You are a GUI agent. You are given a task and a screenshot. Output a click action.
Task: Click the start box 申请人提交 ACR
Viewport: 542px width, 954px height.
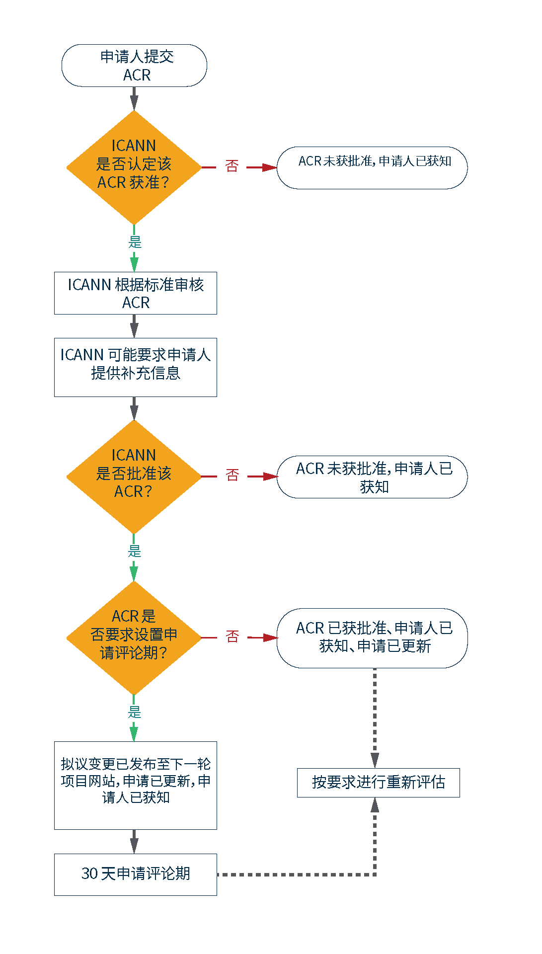[134, 66]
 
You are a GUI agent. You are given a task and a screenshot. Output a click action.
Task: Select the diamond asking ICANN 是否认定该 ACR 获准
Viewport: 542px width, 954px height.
[134, 167]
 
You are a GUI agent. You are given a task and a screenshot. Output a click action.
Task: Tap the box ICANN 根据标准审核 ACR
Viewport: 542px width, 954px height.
[136, 293]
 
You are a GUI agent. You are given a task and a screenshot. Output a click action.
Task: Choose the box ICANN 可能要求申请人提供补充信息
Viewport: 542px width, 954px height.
[136, 367]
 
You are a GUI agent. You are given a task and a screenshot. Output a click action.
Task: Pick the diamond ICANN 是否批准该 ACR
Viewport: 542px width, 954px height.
[134, 477]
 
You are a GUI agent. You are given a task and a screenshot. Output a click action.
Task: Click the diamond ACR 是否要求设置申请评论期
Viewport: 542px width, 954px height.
[134, 637]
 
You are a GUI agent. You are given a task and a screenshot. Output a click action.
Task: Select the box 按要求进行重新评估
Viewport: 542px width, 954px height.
[378, 783]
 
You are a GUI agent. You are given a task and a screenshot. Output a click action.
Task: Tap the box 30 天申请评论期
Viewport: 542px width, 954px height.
[136, 874]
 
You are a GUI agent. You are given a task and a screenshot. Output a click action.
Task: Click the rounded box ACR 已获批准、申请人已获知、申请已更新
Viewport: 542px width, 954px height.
[372, 638]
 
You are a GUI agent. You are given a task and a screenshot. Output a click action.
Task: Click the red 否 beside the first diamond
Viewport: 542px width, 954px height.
[232, 166]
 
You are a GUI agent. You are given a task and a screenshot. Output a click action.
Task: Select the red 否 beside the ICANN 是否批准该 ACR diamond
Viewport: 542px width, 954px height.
[232, 476]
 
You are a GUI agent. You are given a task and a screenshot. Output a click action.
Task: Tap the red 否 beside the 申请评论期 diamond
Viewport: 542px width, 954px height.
[232, 636]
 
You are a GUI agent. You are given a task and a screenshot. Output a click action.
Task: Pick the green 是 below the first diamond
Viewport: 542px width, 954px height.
[135, 242]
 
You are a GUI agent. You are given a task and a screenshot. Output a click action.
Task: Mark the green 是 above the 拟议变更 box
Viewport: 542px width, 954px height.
[135, 712]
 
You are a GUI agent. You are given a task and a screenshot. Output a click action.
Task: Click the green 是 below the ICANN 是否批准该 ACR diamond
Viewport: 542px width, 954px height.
[135, 551]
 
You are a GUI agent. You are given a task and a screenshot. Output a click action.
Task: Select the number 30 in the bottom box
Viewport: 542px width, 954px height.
[90, 874]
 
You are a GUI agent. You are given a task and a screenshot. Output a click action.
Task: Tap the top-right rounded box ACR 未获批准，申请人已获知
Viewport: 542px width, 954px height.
[372, 167]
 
